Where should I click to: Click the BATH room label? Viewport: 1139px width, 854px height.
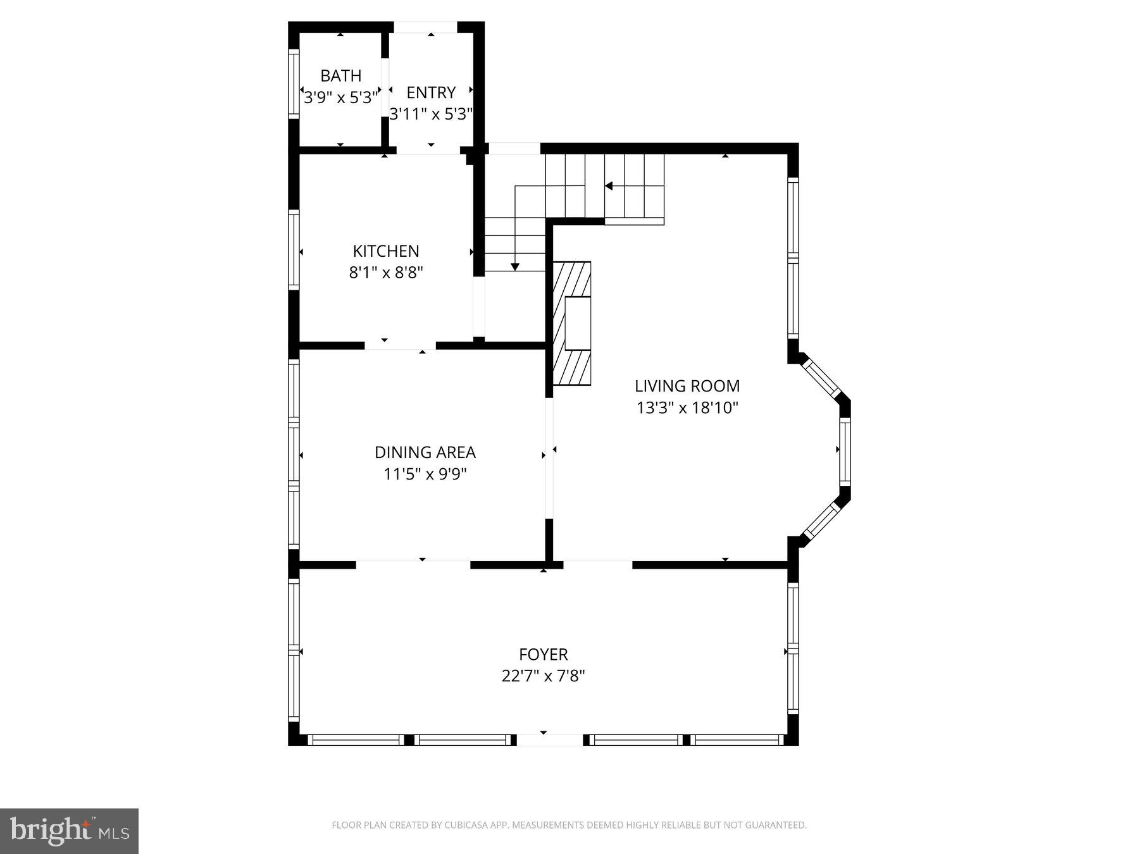click(x=341, y=76)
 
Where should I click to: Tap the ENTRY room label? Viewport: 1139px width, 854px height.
click(x=431, y=93)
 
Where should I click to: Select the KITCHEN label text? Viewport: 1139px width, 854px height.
click(x=386, y=251)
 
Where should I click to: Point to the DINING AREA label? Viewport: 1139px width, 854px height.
click(x=425, y=452)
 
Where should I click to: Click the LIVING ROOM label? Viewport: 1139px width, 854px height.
click(x=687, y=386)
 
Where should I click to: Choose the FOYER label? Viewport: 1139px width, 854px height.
click(x=544, y=654)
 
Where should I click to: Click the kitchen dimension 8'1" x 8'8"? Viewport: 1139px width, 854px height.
click(x=386, y=273)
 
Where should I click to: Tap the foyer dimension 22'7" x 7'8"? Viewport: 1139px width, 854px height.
click(x=544, y=676)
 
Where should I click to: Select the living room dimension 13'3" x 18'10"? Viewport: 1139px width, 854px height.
click(x=687, y=407)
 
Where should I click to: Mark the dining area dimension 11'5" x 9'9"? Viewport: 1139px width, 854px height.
click(x=425, y=474)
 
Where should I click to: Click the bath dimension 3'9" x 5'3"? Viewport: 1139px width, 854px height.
click(x=341, y=97)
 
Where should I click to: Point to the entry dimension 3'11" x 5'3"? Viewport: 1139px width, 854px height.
click(x=431, y=114)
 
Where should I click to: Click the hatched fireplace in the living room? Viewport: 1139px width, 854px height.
click(x=572, y=323)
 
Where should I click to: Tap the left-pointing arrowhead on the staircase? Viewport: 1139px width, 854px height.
click(x=609, y=186)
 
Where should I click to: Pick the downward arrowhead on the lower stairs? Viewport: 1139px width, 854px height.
click(x=515, y=267)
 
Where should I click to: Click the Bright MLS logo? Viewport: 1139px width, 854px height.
click(x=70, y=831)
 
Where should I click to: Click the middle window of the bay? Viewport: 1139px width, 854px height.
click(x=845, y=451)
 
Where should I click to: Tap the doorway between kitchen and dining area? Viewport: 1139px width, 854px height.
click(x=401, y=345)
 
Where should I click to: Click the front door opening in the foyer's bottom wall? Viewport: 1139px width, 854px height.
click(x=550, y=740)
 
